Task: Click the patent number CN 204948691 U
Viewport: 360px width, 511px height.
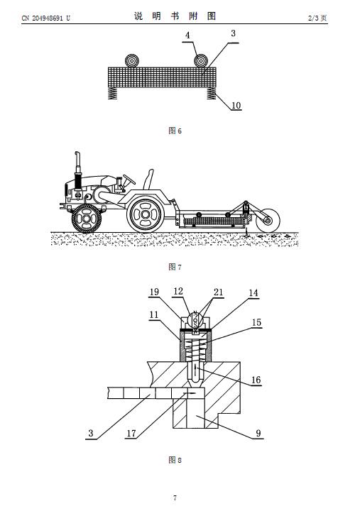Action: (x=45, y=18)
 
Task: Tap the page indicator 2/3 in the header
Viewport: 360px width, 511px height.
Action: (x=313, y=18)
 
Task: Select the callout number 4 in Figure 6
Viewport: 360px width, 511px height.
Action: (x=187, y=35)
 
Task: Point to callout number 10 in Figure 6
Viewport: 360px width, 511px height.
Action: (x=236, y=105)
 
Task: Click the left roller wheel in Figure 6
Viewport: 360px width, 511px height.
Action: (x=132, y=61)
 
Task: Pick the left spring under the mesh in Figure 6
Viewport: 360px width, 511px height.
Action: (x=112, y=93)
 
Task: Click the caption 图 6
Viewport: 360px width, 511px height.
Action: (x=175, y=131)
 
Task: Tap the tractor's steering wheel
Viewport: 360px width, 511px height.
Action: (x=129, y=179)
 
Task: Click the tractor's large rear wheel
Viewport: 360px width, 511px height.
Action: (x=146, y=214)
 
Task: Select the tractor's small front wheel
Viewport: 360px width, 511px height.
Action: (x=87, y=219)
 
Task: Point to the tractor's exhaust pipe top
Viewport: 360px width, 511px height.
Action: (x=77, y=155)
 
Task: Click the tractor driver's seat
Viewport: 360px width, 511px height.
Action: (x=148, y=180)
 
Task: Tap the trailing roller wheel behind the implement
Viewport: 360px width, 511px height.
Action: (x=268, y=220)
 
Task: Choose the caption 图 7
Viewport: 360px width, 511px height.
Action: (x=175, y=268)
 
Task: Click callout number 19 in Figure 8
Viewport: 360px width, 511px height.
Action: (x=154, y=292)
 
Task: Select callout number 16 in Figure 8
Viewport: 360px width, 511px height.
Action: (x=256, y=380)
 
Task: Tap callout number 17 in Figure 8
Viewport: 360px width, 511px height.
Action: (x=131, y=434)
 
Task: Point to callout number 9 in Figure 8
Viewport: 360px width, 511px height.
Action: (x=258, y=433)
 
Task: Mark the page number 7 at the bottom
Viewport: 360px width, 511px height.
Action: (x=175, y=498)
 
